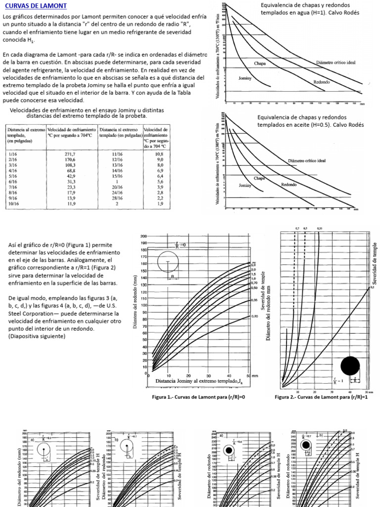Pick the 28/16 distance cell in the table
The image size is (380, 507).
[x=117, y=197]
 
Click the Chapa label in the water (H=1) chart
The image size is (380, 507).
[x=260, y=63]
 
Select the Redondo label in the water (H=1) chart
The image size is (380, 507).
[x=321, y=82]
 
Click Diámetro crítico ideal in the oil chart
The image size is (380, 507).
[x=306, y=161]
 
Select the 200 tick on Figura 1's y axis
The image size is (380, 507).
[x=144, y=236]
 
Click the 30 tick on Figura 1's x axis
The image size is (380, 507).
[x=208, y=375]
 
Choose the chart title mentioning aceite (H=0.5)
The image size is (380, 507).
[x=310, y=121]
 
